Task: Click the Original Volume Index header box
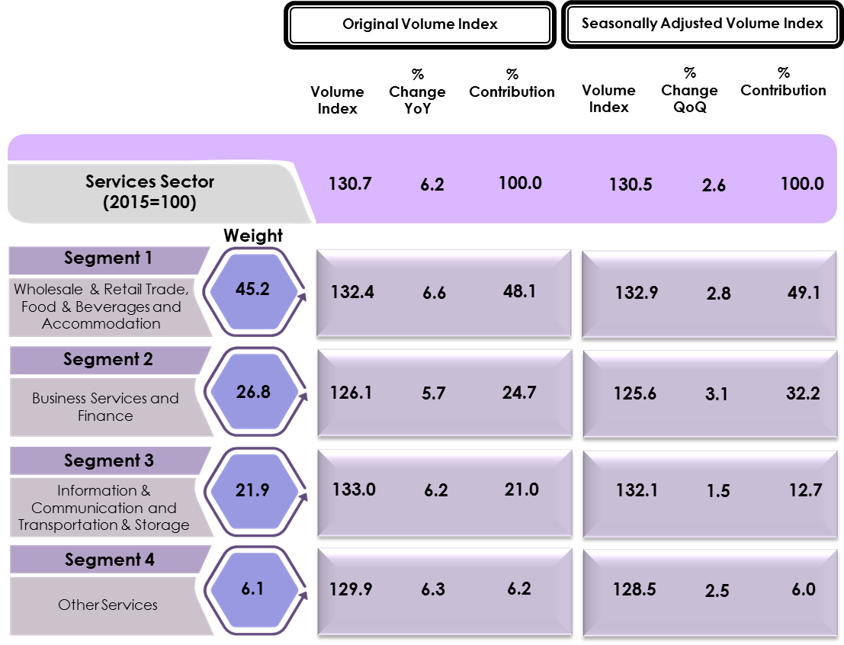click(419, 24)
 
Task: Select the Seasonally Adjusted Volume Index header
click(702, 24)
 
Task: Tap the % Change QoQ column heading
click(689, 91)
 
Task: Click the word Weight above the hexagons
click(252, 236)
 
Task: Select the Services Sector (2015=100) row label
click(149, 191)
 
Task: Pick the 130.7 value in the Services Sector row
click(350, 184)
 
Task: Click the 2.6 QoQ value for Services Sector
click(714, 185)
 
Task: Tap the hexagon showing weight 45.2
click(252, 290)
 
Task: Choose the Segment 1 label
click(108, 258)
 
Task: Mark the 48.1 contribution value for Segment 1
click(519, 291)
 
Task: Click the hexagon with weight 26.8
click(252, 392)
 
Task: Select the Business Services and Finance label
click(105, 407)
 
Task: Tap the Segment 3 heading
click(108, 461)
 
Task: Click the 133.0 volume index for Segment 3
click(353, 489)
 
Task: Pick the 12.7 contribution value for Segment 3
click(805, 490)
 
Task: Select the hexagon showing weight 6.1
click(252, 589)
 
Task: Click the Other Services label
click(108, 605)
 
